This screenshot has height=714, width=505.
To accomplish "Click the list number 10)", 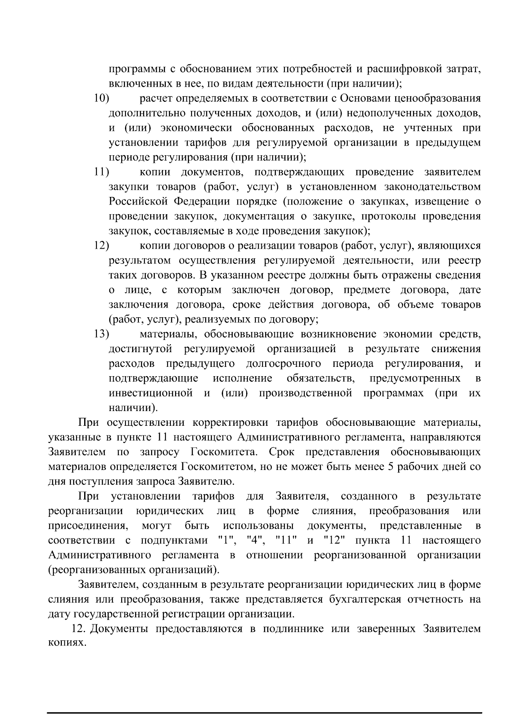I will tap(101, 98).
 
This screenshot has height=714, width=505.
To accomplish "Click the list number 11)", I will tap(101, 172).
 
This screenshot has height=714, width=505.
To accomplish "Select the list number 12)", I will tap(101, 246).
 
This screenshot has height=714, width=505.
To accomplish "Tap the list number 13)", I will tap(101, 334).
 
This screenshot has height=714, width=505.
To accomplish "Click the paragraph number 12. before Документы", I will tap(80, 629).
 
